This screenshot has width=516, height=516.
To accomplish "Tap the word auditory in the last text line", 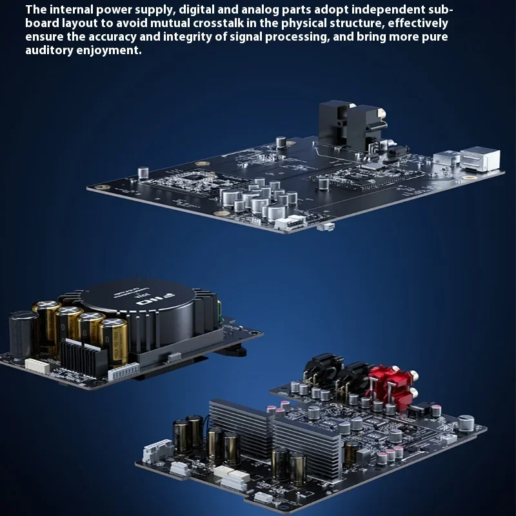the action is [x=50, y=50].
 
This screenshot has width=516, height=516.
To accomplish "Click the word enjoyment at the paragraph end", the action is [x=109, y=50].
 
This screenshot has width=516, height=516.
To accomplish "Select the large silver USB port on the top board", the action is [x=480, y=159].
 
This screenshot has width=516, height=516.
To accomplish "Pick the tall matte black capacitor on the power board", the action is [x=23, y=335].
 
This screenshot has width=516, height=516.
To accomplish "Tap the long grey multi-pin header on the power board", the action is [x=124, y=372].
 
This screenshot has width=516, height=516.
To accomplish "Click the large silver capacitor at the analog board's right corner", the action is [x=466, y=422].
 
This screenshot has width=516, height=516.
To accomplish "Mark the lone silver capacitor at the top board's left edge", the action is [x=143, y=172].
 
